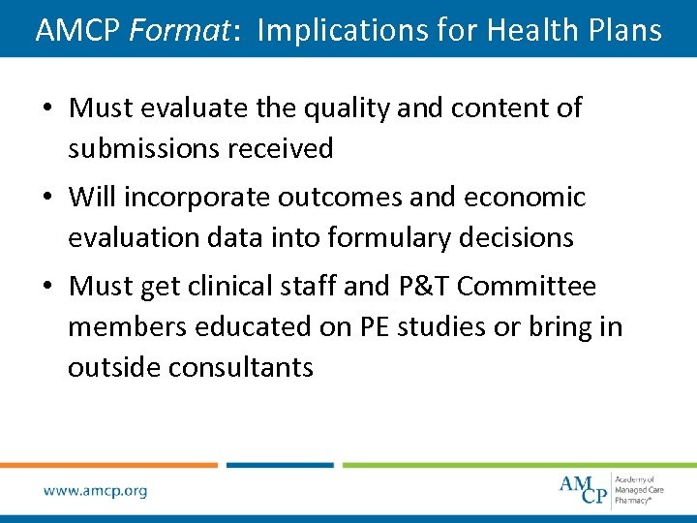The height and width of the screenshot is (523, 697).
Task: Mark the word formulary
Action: point(373,237)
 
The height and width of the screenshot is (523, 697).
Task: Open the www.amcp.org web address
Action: point(95,491)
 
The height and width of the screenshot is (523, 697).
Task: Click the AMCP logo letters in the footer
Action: point(584,488)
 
